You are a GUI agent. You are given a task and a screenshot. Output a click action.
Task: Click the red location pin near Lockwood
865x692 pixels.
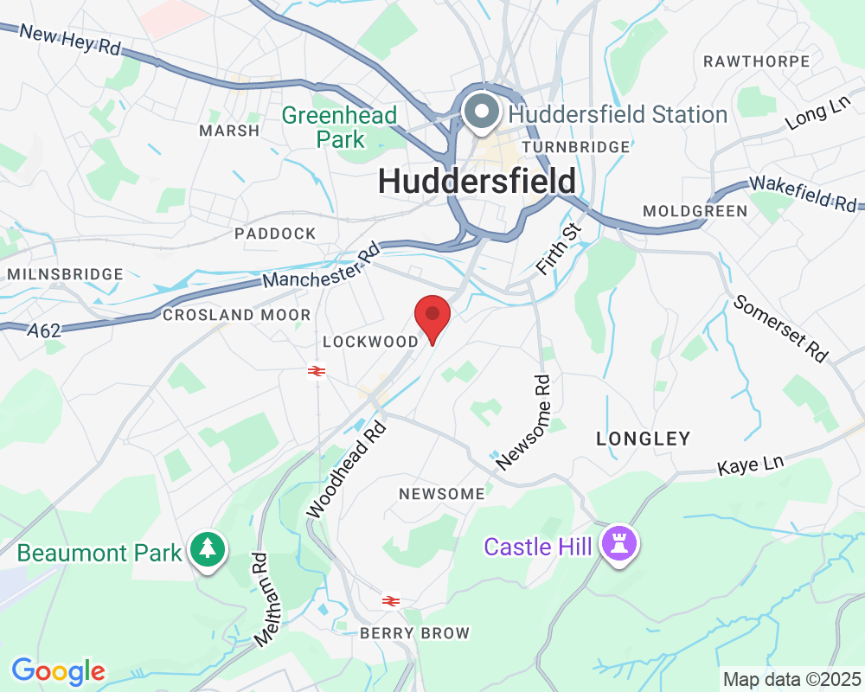point(432,317)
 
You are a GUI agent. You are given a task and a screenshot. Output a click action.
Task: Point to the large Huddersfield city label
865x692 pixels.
point(477,182)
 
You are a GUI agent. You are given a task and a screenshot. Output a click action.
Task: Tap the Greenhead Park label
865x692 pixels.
point(340,126)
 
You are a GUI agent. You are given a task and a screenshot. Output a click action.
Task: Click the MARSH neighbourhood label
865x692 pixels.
point(229,131)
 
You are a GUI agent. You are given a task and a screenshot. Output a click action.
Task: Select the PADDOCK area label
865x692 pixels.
point(275,234)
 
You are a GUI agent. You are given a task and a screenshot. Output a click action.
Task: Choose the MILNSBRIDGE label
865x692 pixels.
point(65,274)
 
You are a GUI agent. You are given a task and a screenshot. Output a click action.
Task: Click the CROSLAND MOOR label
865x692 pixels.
point(236,315)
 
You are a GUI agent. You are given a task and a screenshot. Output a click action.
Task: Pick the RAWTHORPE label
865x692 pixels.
point(756,61)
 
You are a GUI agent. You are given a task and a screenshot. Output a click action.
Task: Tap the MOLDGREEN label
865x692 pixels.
point(695,211)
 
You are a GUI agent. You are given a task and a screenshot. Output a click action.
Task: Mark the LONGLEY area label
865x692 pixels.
point(644,439)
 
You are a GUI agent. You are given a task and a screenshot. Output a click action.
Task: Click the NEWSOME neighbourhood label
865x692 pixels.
point(441,494)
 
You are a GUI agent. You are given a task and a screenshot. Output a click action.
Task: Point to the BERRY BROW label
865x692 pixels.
point(415,634)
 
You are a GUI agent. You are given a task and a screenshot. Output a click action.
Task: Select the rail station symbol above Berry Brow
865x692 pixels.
point(391,600)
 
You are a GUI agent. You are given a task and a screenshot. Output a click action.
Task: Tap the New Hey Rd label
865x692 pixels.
point(69,40)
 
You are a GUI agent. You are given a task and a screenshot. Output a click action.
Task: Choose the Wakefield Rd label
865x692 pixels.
point(803,195)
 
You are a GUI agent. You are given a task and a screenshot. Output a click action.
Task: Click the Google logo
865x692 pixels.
point(58,670)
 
